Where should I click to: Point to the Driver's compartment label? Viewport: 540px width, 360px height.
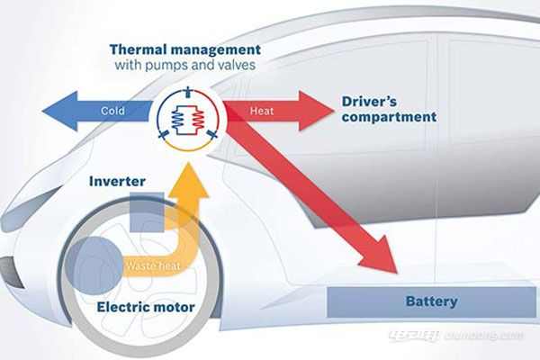tap(389, 109)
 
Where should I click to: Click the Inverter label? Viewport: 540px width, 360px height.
tap(117, 181)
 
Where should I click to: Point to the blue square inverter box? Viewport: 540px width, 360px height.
tap(146, 212)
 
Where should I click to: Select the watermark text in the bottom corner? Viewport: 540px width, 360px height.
tap(455, 336)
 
